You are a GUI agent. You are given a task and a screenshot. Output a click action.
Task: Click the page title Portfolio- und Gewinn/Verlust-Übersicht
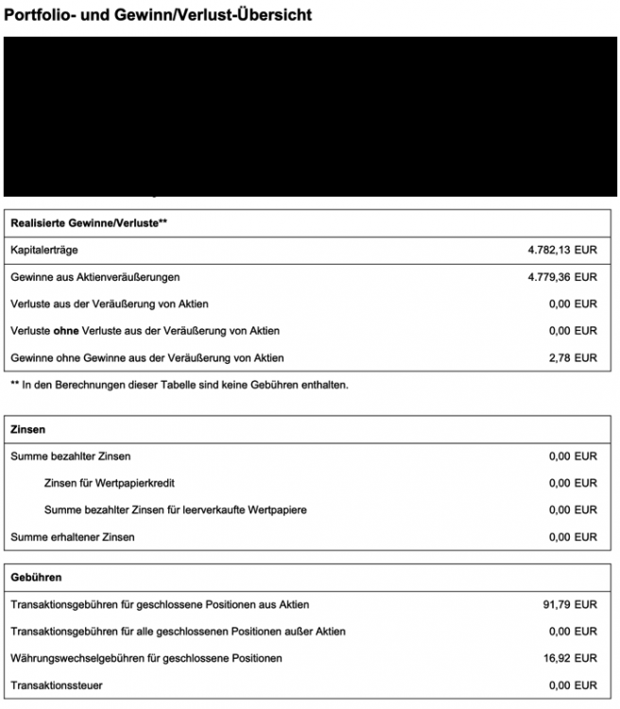[158, 15]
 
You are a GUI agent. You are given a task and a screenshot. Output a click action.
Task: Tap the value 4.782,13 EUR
[562, 251]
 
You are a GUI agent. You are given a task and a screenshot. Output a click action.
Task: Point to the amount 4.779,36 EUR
[562, 277]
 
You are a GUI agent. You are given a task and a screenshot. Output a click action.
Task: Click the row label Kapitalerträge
[43, 251]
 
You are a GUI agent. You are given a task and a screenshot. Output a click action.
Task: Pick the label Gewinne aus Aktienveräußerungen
[95, 277]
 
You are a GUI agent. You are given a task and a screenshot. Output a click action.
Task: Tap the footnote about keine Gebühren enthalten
[180, 385]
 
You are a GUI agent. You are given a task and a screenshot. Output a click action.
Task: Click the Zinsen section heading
[28, 429]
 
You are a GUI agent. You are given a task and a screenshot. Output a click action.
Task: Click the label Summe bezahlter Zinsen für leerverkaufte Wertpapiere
[176, 510]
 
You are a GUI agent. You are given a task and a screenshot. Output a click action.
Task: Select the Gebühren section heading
[37, 577]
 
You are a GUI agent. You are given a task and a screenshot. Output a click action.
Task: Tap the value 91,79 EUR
[570, 604]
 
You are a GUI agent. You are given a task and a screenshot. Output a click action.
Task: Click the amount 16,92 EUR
[570, 657]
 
